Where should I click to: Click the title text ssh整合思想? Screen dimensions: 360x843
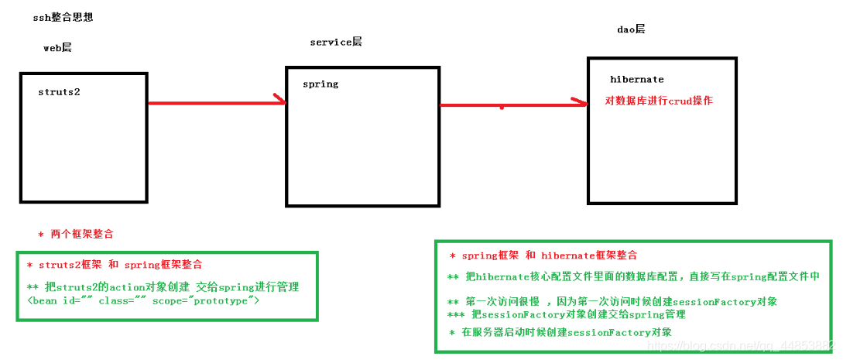[x=63, y=17]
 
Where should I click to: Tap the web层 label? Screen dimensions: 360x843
[x=57, y=48]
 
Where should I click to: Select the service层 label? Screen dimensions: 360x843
[x=335, y=42]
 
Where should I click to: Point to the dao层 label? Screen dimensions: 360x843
[x=631, y=29]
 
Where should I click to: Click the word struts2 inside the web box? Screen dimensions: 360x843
[x=59, y=92]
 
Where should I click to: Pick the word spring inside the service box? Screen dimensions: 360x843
[x=320, y=84]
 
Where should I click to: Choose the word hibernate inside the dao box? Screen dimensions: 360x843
[x=636, y=80]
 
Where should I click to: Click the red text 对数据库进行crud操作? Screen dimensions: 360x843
[x=659, y=101]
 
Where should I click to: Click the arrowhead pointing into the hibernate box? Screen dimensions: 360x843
[x=580, y=102]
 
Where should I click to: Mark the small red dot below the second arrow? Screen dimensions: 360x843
[x=502, y=108]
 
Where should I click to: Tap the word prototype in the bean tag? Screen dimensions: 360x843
[x=225, y=300]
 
